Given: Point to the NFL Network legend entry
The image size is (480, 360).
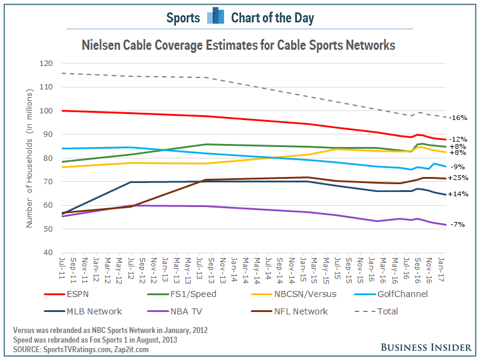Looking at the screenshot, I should point(300,311).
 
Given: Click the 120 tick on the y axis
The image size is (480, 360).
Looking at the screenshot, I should point(46,64).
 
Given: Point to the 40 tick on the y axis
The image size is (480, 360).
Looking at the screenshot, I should point(48,253).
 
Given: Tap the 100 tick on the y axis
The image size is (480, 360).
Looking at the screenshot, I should point(46,111).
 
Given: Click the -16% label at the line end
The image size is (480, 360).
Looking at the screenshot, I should point(458,118).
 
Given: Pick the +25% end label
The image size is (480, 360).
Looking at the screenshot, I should point(458,178).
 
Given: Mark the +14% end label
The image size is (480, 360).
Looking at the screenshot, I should point(458,194).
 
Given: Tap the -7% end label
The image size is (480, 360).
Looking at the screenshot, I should point(457,224).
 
